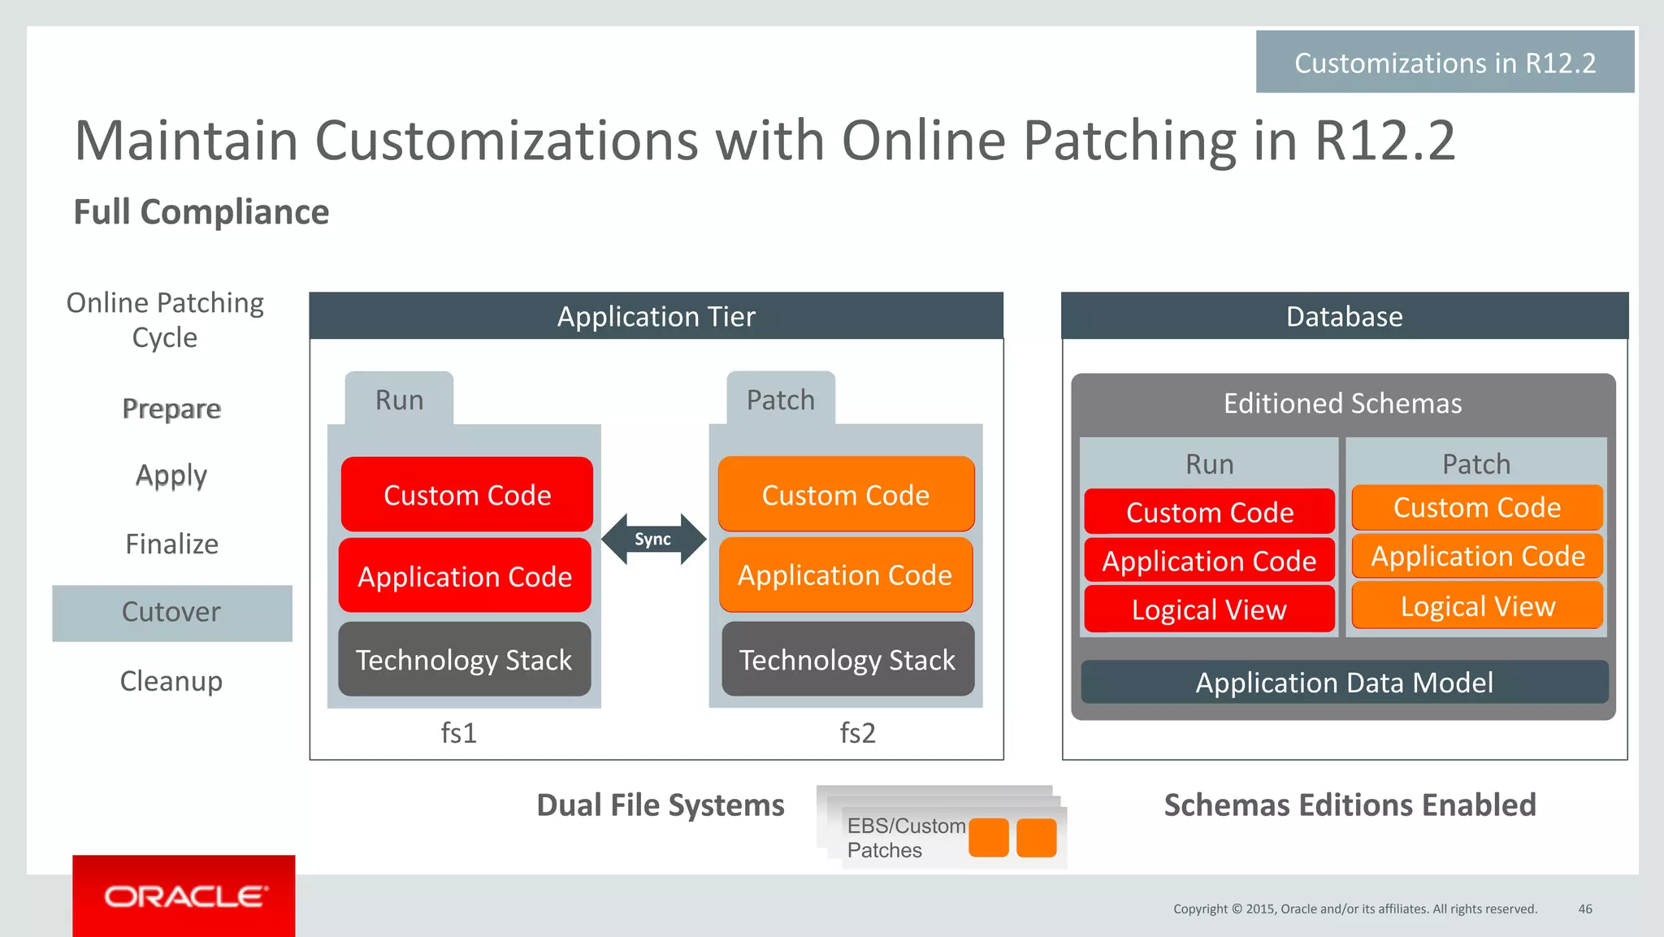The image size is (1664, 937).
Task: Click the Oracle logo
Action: click(184, 896)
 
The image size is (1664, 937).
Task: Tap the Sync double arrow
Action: click(653, 539)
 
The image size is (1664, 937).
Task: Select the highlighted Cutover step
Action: click(171, 613)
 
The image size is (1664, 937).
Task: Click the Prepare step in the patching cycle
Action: click(171, 409)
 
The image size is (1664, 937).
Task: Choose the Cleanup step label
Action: click(171, 681)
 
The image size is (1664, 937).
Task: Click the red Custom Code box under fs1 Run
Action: click(467, 495)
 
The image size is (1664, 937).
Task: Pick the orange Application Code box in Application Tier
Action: click(845, 575)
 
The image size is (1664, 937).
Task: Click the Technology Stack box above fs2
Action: click(847, 660)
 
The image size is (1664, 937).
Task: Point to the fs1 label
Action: click(459, 733)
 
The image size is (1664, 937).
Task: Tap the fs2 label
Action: click(858, 733)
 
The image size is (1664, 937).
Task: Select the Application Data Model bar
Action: click(1344, 683)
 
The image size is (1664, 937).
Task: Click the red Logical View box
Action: click(1209, 609)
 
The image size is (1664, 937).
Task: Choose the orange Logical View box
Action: click(1477, 606)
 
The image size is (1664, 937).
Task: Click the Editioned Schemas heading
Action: click(1342, 404)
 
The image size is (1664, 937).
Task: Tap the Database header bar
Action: click(1344, 316)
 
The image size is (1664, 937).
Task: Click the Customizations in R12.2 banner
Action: click(1445, 63)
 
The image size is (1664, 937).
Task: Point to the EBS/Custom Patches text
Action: click(904, 838)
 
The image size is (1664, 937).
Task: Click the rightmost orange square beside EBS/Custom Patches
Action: click(1036, 838)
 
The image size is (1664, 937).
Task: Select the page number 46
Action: click(1584, 909)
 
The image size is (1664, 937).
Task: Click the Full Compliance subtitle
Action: click(201, 212)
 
